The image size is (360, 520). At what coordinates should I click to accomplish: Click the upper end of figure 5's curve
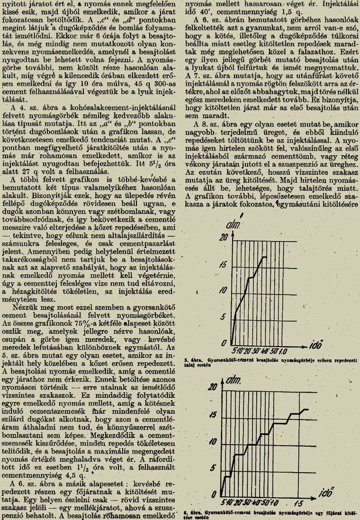(266, 257)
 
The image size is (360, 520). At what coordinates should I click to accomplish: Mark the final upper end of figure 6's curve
(308, 409)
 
